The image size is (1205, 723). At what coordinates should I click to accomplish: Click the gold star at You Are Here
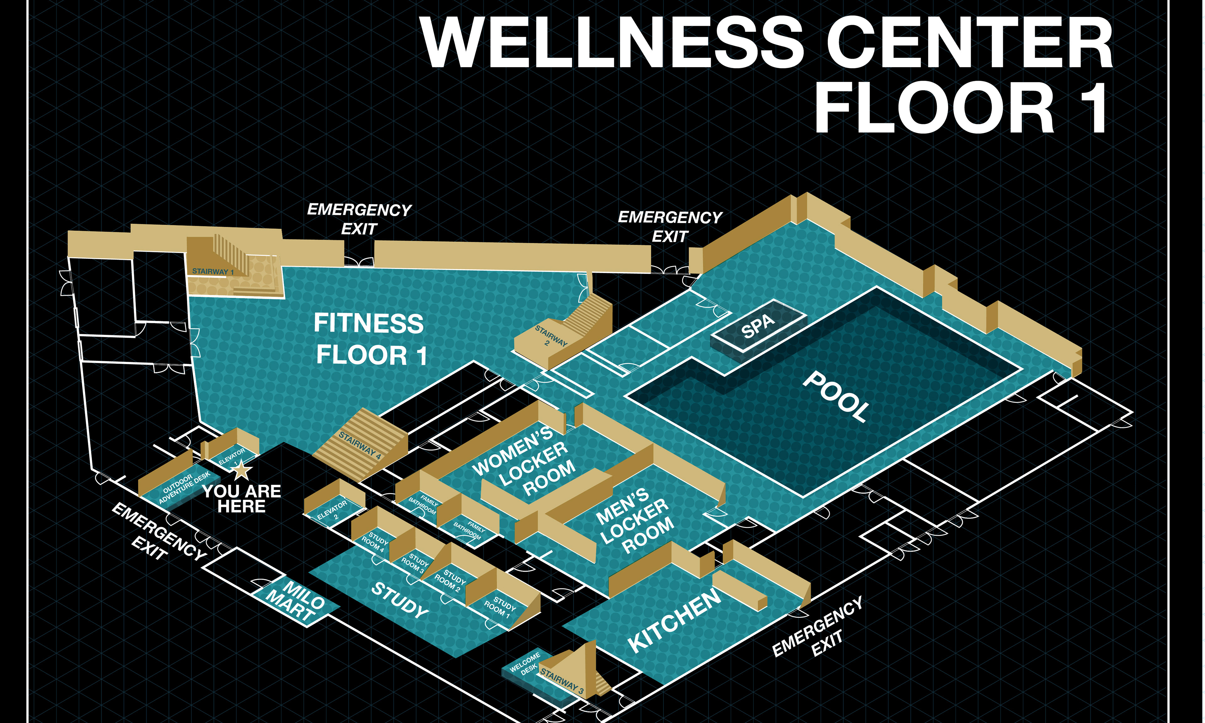pyautogui.click(x=241, y=471)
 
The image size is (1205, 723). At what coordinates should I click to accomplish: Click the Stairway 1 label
pyautogui.click(x=213, y=271)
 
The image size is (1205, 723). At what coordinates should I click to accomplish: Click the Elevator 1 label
pyautogui.click(x=232, y=457)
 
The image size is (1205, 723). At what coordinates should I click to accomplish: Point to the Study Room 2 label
pyautogui.click(x=451, y=581)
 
